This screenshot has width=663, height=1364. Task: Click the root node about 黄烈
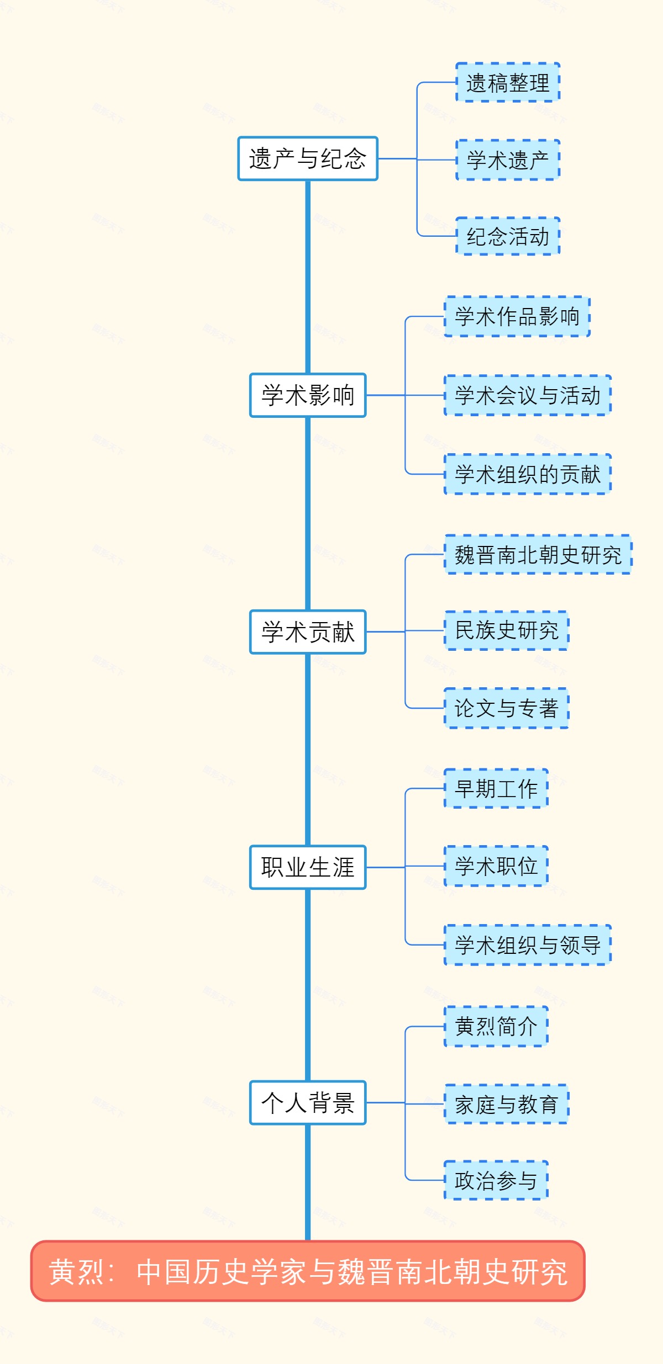[x=308, y=1271]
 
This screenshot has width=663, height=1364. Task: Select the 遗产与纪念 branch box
[x=308, y=159]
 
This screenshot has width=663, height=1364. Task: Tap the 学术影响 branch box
[x=308, y=395]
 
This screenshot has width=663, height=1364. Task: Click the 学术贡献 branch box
[x=308, y=632]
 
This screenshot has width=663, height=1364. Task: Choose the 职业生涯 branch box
[x=308, y=867]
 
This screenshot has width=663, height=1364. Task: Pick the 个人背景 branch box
[x=308, y=1103]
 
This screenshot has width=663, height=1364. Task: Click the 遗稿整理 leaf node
[x=508, y=83]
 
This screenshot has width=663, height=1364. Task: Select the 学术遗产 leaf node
[x=508, y=160]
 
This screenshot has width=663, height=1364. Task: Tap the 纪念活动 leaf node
[x=508, y=236]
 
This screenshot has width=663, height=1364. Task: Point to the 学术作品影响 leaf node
[x=517, y=317]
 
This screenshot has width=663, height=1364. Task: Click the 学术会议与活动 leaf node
[x=528, y=395]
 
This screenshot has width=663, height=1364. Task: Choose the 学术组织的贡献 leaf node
[x=528, y=474]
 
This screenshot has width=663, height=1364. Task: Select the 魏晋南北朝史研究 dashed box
[x=538, y=555]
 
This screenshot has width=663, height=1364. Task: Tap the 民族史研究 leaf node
[x=507, y=630]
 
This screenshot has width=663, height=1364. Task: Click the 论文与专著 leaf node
[x=507, y=708]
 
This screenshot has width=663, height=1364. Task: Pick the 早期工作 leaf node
[x=496, y=789]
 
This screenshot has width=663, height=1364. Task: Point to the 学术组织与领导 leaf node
[x=528, y=945]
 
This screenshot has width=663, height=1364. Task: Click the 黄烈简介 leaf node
[x=496, y=1027]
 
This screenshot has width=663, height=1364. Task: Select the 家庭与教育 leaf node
[x=507, y=1104]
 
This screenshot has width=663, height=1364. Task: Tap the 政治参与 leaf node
[x=496, y=1180]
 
